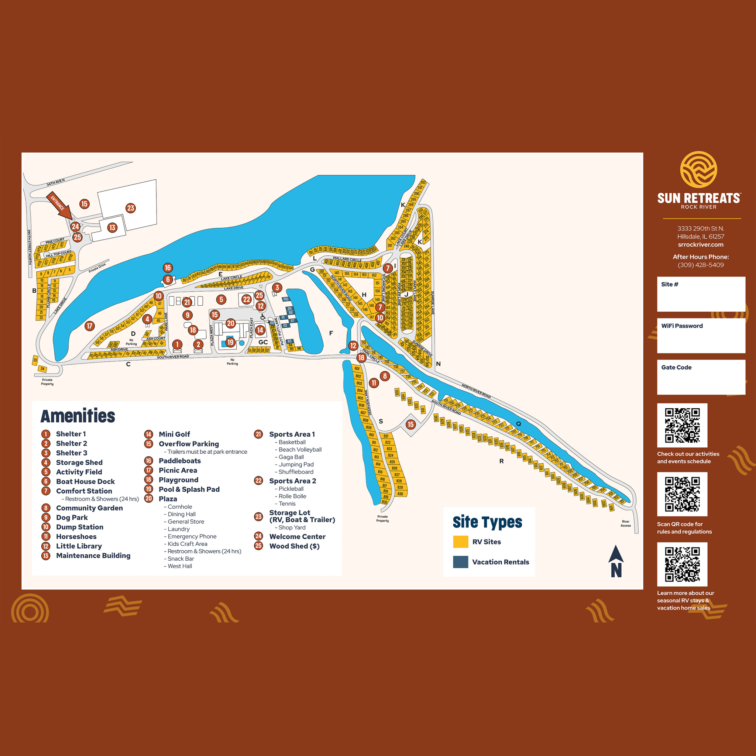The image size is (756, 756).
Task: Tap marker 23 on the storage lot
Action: [131, 208]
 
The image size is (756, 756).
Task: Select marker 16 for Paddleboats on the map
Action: [168, 268]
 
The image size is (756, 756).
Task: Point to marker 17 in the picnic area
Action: [90, 326]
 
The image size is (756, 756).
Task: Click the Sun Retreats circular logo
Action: [698, 169]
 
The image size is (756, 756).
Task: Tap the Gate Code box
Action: [701, 377]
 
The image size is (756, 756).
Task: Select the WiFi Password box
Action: [701, 335]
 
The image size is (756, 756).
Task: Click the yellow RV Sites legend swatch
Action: [461, 542]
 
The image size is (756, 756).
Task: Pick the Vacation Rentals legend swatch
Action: [461, 562]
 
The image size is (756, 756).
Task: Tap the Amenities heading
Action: [78, 416]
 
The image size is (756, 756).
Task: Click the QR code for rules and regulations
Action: [682, 494]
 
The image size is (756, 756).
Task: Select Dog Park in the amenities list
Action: [72, 517]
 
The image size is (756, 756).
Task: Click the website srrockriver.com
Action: [700, 245]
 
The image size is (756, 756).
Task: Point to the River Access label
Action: [625, 523]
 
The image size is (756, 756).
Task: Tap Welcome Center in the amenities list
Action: [298, 536]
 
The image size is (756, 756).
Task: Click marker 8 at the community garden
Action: [385, 376]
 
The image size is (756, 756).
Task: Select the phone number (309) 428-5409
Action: [700, 265]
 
